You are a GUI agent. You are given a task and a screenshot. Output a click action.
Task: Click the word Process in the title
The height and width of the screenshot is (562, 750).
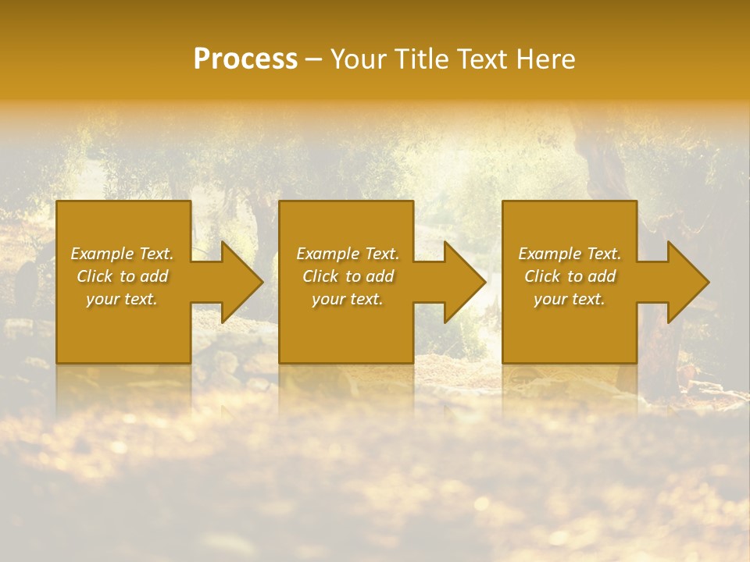click(x=245, y=59)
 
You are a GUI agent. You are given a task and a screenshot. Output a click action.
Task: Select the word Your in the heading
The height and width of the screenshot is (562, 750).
click(x=358, y=59)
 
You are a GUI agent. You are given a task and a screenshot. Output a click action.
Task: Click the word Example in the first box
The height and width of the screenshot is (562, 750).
click(x=102, y=254)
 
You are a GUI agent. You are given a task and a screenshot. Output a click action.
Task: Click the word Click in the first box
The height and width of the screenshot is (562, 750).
click(x=95, y=276)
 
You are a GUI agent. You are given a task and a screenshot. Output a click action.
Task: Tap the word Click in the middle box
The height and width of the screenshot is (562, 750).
click(x=320, y=276)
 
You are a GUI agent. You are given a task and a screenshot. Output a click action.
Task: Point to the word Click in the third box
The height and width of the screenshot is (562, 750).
click(x=542, y=276)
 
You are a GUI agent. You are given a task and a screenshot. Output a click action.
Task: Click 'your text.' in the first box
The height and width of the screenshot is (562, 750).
click(x=122, y=299)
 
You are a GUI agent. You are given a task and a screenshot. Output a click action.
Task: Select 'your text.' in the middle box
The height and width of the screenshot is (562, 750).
click(x=347, y=299)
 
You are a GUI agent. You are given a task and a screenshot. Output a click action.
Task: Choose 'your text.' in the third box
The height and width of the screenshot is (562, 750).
click(x=569, y=299)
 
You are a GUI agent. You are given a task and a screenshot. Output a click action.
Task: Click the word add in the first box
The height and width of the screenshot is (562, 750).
click(x=154, y=276)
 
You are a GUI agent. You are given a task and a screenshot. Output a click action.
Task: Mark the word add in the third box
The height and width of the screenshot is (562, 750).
click(x=602, y=276)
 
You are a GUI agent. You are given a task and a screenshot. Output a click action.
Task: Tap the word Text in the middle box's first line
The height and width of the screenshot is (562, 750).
click(x=380, y=254)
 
